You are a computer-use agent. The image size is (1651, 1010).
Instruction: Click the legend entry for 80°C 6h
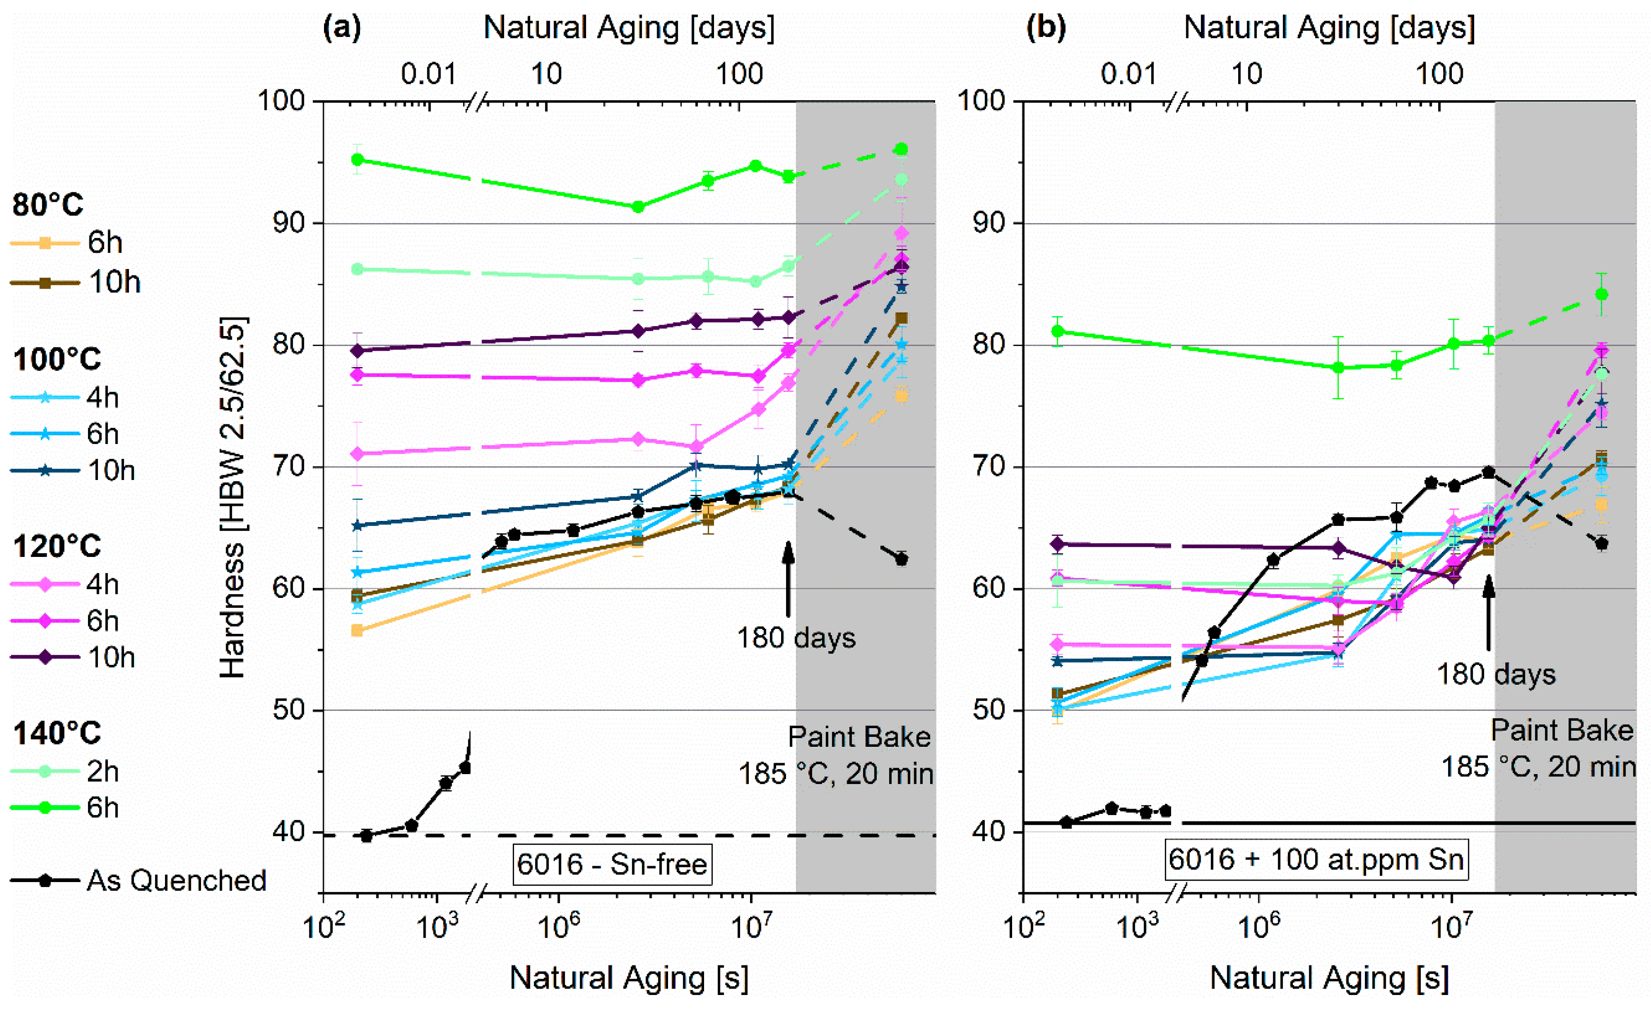(x=67, y=242)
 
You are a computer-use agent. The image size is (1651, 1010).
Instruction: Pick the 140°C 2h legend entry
(x=65, y=771)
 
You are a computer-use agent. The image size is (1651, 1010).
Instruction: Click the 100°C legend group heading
(x=57, y=359)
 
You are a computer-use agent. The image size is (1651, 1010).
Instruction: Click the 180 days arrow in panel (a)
(x=788, y=579)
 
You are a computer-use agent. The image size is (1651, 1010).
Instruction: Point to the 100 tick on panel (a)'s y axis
(x=282, y=101)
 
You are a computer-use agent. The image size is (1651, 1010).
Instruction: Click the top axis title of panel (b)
(x=1329, y=28)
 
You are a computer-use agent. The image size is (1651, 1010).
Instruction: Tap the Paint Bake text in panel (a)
(x=859, y=737)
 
